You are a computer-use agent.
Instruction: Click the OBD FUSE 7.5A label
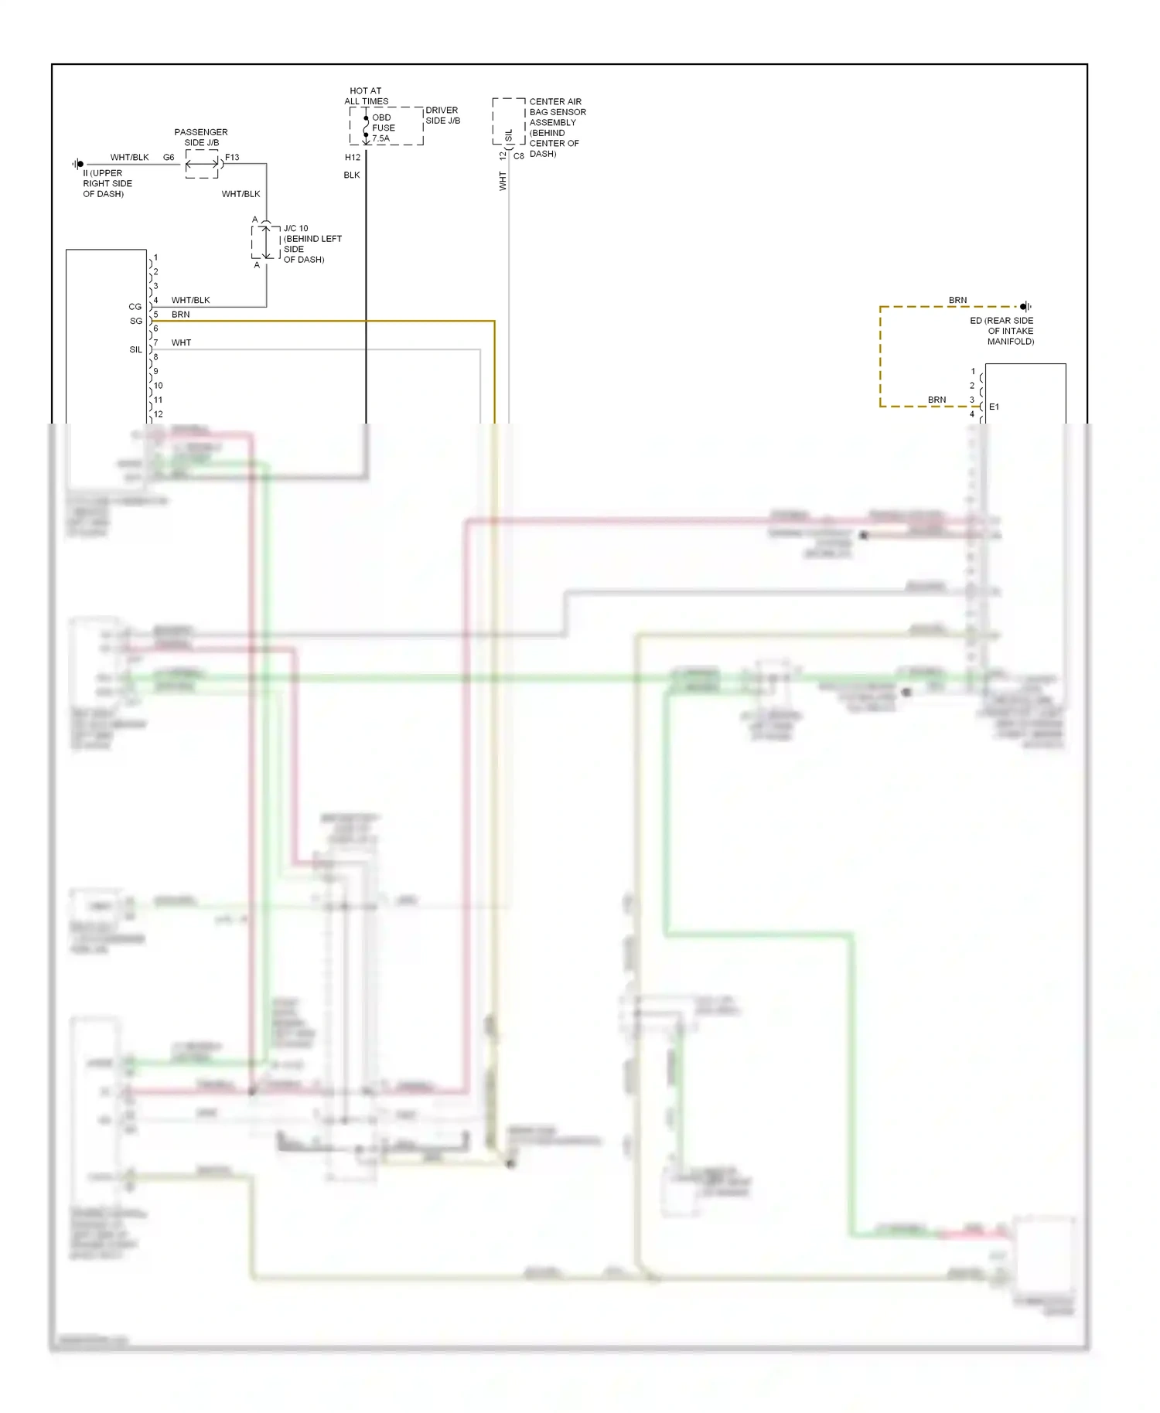tap(383, 128)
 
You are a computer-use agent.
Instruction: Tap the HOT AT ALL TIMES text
tap(366, 96)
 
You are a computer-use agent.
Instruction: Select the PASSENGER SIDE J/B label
tap(201, 137)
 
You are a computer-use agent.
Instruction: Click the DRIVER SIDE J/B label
tap(442, 115)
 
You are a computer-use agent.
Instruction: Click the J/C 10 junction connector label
tap(312, 243)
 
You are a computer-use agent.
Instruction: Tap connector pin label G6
tap(169, 157)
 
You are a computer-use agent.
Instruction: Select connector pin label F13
tap(232, 157)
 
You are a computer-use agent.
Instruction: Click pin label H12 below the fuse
tap(353, 157)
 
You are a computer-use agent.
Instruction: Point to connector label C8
tap(518, 156)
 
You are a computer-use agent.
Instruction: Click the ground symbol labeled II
tap(78, 164)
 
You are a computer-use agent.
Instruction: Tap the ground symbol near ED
tap(1025, 307)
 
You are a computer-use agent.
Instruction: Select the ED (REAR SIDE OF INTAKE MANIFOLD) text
tap(1003, 331)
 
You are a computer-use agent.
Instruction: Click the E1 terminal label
tap(994, 407)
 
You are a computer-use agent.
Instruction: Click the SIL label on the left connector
tap(135, 349)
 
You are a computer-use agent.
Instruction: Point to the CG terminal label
tap(135, 307)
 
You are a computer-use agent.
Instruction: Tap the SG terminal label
tap(135, 321)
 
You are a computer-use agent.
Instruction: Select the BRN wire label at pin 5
tap(180, 315)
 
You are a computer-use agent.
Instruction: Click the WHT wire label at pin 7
tap(181, 342)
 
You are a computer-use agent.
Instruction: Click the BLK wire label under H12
tap(352, 175)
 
